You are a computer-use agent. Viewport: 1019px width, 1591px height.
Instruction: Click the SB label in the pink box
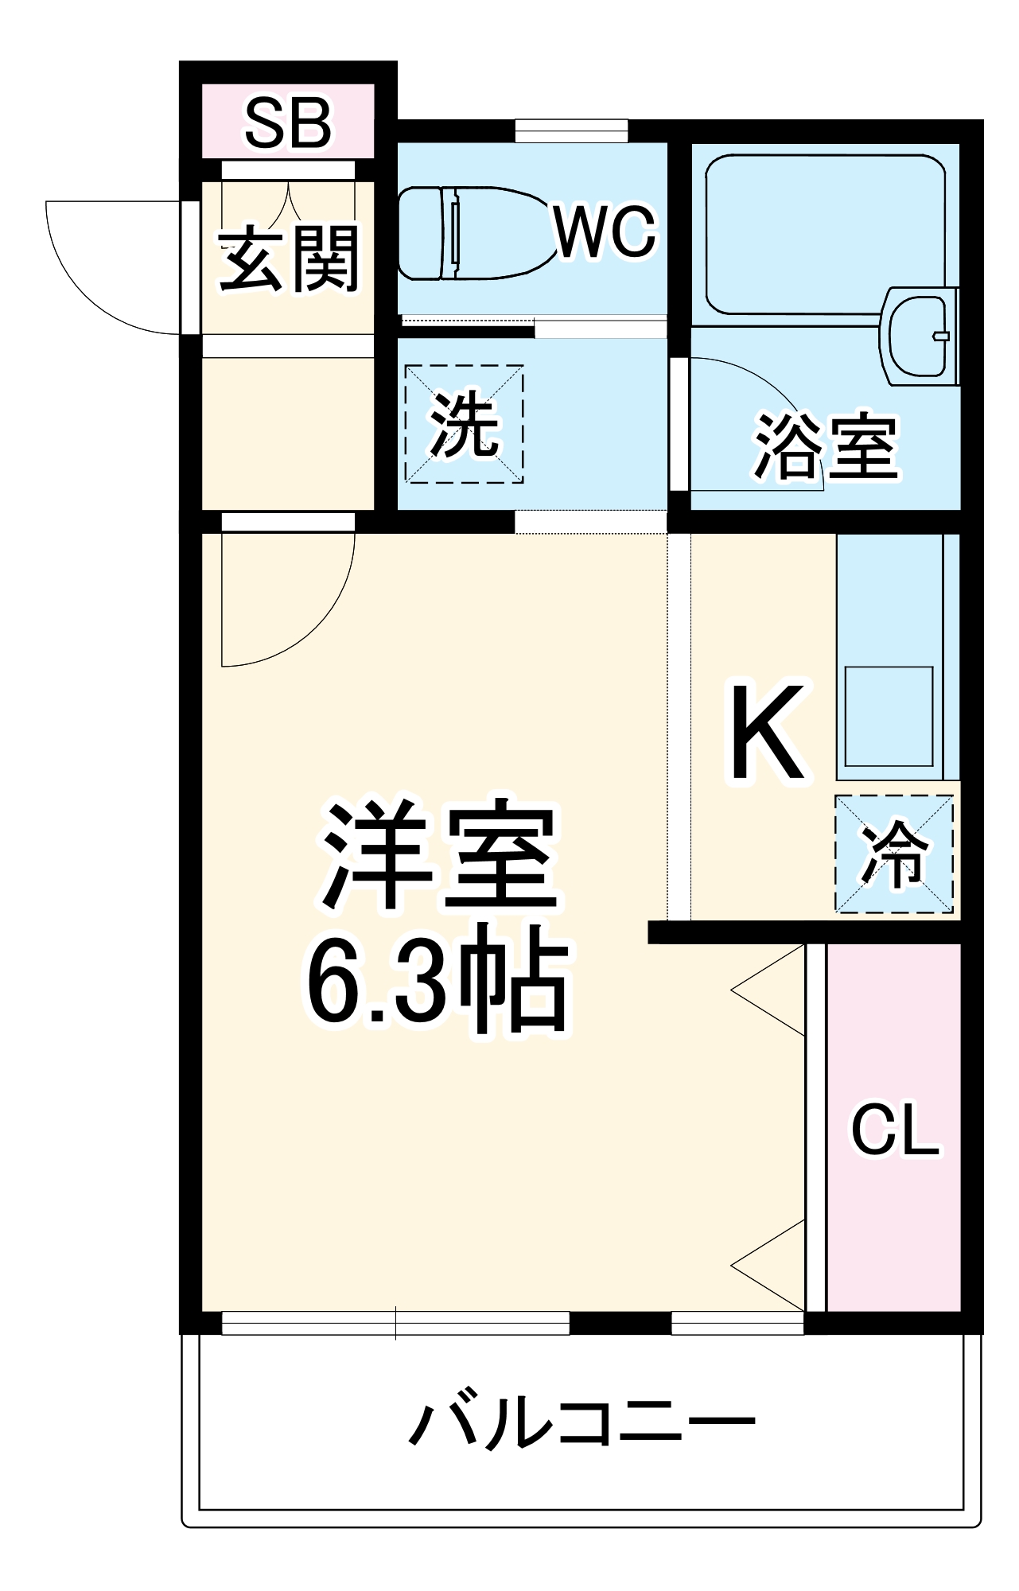(287, 124)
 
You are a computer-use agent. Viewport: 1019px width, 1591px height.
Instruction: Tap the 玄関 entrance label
(289, 259)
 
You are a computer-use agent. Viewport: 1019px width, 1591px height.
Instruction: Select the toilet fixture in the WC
(469, 232)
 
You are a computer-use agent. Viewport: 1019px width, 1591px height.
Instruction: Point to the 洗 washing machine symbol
(465, 424)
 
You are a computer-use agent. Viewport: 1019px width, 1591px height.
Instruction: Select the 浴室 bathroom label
(826, 447)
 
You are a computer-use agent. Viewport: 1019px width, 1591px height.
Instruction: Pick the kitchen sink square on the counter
(889, 716)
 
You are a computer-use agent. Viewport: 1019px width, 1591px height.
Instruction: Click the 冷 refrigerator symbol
(894, 854)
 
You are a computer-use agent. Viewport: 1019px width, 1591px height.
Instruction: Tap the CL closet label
(895, 1129)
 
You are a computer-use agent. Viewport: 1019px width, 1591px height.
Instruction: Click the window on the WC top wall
(571, 130)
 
